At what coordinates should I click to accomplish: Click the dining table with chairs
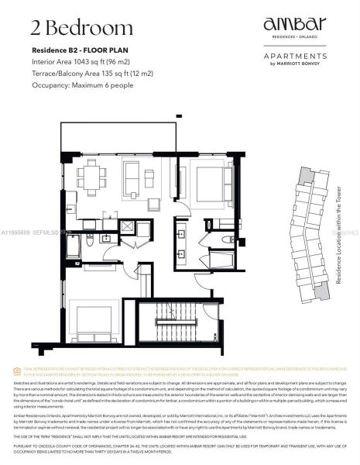click(x=92, y=174)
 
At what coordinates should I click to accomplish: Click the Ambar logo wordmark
click(x=293, y=25)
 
